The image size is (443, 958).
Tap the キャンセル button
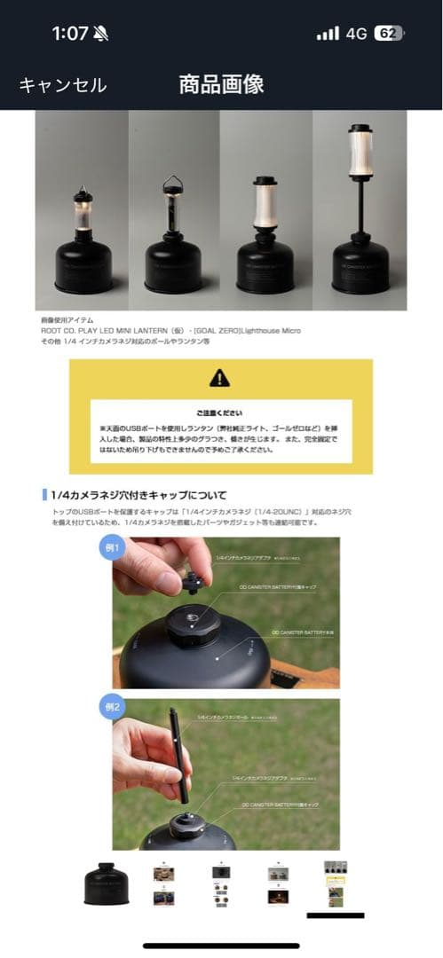pyautogui.click(x=63, y=85)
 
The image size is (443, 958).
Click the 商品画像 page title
pyautogui.click(x=221, y=84)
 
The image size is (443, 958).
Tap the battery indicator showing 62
pyautogui.click(x=388, y=34)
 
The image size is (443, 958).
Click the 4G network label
pyautogui.click(x=356, y=34)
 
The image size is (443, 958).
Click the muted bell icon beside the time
pyautogui.click(x=100, y=34)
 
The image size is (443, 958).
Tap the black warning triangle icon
pyautogui.click(x=219, y=379)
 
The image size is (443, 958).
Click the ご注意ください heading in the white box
pyautogui.click(x=219, y=413)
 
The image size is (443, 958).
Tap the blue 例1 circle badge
pyautogui.click(x=111, y=547)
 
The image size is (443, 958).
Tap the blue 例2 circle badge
pyautogui.click(x=111, y=709)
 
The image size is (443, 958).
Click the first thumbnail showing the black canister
pyautogui.click(x=107, y=883)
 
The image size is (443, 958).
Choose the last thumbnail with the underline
pyautogui.click(x=336, y=883)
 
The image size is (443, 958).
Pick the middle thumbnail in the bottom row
pyautogui.click(x=221, y=883)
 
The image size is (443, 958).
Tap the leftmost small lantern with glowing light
pyautogui.click(x=83, y=213)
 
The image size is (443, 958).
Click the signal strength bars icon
pyautogui.click(x=328, y=34)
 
